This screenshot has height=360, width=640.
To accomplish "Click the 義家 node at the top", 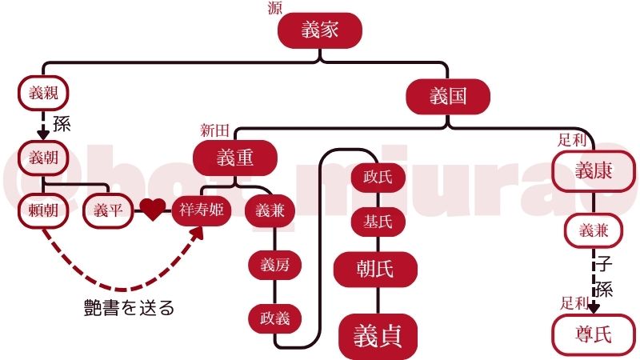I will [x=320, y=31].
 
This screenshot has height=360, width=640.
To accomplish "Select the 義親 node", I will [x=39, y=93].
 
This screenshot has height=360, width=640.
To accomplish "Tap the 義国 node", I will [x=447, y=97].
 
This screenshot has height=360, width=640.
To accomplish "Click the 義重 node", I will [x=235, y=158].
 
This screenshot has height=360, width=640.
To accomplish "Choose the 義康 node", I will [x=594, y=171].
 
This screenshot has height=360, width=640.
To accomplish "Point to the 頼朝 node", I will [x=39, y=210].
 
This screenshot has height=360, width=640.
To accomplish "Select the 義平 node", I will [x=107, y=210].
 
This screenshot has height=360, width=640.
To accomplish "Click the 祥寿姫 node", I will [x=201, y=211].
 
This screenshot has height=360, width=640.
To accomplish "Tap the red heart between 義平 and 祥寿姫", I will [x=154, y=210].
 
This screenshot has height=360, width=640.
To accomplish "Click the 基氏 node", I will [x=377, y=222].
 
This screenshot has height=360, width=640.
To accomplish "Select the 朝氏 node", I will [x=375, y=269].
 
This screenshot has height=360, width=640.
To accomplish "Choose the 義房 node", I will [x=275, y=266].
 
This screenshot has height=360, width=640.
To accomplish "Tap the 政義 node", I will [x=275, y=318].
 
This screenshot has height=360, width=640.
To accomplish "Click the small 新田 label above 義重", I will [x=215, y=130].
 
